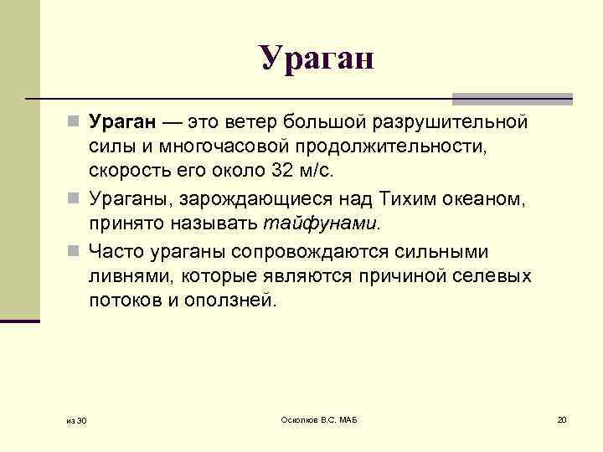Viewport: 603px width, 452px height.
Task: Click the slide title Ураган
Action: pyautogui.click(x=315, y=59)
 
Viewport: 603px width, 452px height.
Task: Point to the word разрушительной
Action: pyautogui.click(x=444, y=123)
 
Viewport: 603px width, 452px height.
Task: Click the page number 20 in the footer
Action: pyautogui.click(x=561, y=419)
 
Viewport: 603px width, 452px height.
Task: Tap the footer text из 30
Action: pyautogui.click(x=77, y=419)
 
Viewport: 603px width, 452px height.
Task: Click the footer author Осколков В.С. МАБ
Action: pyautogui.click(x=318, y=419)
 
